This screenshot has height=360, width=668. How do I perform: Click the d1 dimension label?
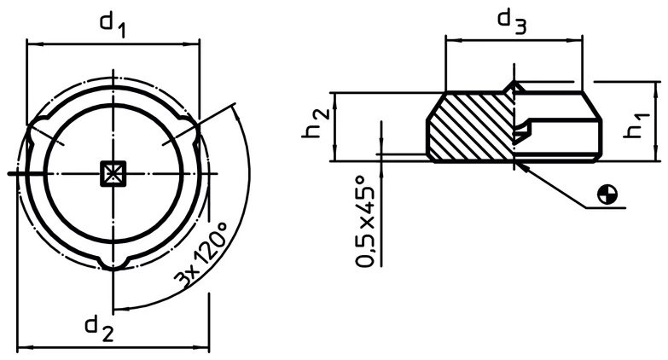[113, 25]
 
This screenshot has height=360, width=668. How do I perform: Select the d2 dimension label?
[99, 329]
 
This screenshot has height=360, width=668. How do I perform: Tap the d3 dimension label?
[512, 21]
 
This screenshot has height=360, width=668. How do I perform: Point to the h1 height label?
[636, 125]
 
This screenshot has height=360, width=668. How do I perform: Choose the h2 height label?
[315, 123]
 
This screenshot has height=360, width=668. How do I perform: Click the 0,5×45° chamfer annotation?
[366, 221]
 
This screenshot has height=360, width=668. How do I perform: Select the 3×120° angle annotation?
[200, 256]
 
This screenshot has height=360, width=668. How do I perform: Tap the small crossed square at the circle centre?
[113, 174]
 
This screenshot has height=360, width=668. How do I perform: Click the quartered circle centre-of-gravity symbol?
[607, 195]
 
